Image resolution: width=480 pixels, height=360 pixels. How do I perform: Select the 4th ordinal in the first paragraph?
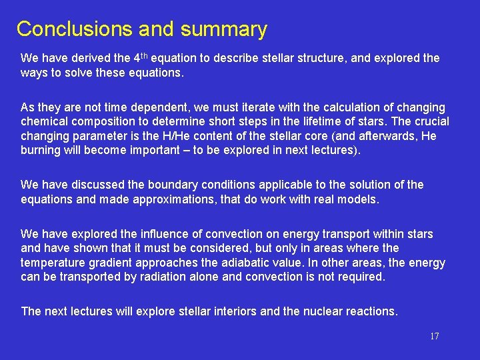[x=137, y=57]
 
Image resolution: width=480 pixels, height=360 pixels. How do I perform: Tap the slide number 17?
[x=434, y=337]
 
